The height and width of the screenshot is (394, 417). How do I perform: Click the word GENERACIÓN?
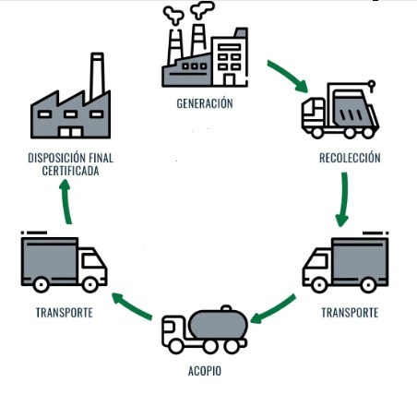tap(205, 103)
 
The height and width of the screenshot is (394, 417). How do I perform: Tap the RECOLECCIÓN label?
tap(350, 158)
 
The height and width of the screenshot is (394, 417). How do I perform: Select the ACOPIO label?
tap(205, 371)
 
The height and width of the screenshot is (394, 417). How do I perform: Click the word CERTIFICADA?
tap(70, 171)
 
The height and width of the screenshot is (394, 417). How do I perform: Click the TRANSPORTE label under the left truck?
tap(65, 313)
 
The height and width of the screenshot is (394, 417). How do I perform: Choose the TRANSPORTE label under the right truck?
tap(350, 313)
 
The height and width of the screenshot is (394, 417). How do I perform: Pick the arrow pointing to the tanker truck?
tap(274, 310)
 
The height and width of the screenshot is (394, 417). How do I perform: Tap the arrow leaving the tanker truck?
tap(132, 305)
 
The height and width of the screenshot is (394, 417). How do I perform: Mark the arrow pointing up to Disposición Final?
tap(66, 201)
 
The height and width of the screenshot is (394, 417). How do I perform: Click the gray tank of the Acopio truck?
tap(219, 324)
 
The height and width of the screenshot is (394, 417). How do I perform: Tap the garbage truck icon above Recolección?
tap(340, 110)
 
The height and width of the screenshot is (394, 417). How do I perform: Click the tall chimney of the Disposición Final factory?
tap(97, 76)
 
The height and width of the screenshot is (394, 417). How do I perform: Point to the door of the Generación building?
tap(229, 79)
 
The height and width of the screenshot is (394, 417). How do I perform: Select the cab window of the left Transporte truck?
tap(92, 261)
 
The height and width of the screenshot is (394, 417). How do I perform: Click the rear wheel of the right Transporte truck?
tap(368, 285)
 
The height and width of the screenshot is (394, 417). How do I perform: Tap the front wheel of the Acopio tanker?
tap(176, 345)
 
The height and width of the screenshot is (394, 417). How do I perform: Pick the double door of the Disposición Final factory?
tap(71, 132)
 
